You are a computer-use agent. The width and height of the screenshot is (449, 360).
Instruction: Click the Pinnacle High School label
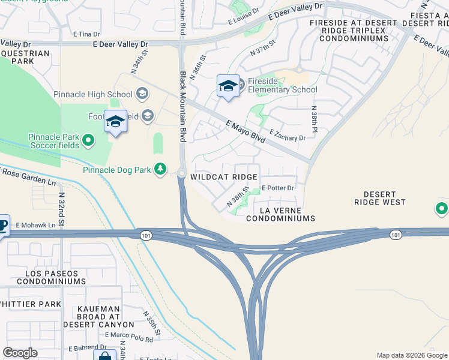tap(93, 94)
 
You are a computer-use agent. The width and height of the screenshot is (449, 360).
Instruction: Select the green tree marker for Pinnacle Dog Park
tap(160, 170)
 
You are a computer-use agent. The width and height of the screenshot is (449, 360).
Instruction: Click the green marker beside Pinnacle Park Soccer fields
tap(89, 141)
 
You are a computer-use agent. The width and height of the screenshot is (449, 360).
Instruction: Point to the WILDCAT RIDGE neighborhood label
tap(224, 177)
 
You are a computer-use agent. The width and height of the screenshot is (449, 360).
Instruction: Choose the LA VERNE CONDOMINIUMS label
tap(280, 214)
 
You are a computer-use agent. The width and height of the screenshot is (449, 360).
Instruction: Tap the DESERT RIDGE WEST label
tap(380, 199)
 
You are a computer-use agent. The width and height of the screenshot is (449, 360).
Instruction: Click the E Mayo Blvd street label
tap(246, 132)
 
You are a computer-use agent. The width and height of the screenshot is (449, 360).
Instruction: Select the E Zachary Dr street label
tap(288, 135)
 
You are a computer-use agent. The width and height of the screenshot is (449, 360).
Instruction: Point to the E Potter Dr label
tap(277, 188)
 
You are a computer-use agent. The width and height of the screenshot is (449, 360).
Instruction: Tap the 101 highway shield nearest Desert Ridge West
tap(394, 235)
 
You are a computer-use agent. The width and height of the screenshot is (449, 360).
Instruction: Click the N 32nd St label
tap(62, 206)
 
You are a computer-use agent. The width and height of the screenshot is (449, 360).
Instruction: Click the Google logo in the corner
tap(20, 353)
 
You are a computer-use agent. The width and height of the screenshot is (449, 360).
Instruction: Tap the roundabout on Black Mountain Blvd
tap(181, 174)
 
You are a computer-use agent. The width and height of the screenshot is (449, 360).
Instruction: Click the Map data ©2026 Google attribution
tap(411, 355)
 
